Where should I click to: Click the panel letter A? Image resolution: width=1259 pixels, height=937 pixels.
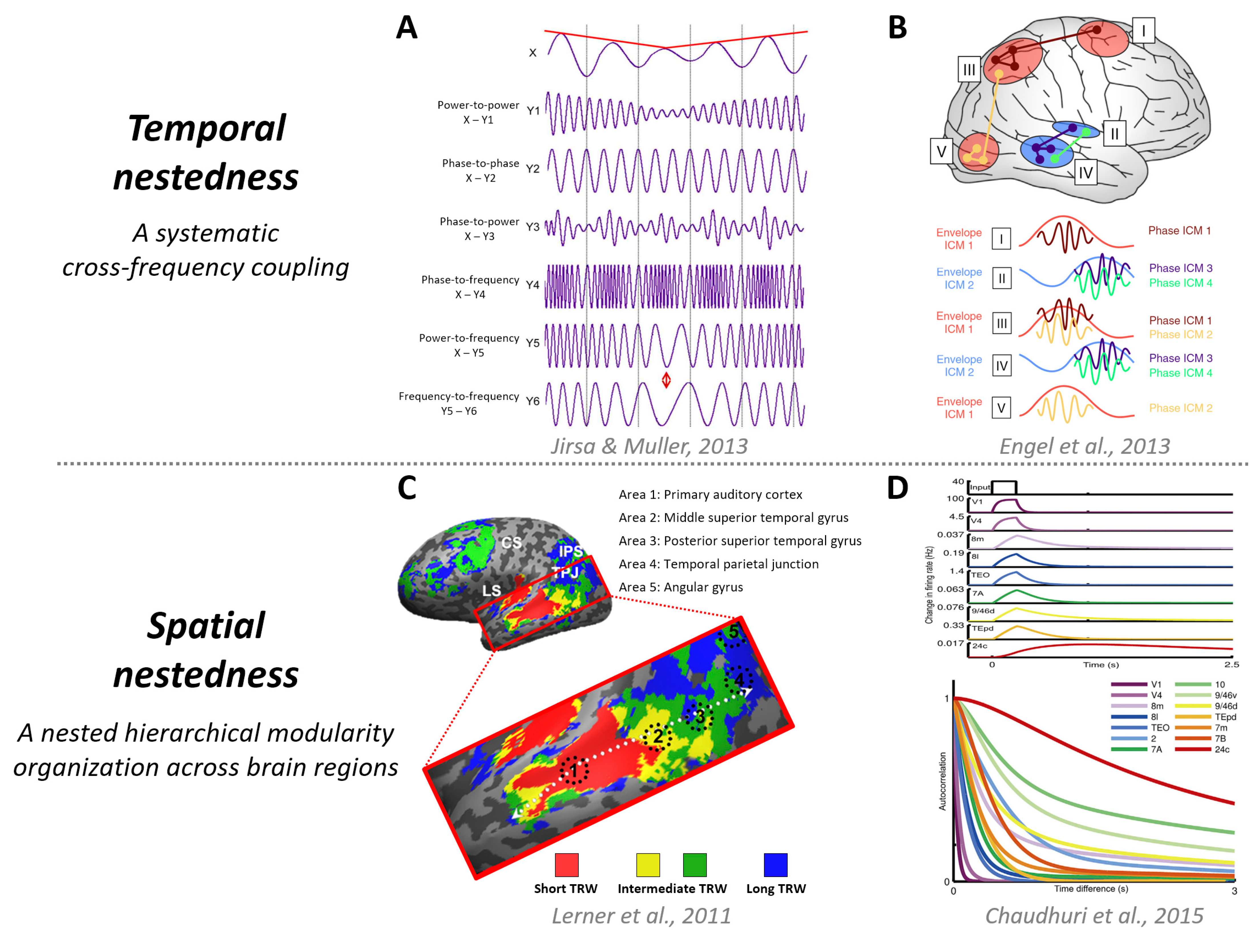click(x=406, y=27)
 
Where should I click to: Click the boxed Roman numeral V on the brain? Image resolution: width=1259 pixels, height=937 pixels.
click(x=941, y=151)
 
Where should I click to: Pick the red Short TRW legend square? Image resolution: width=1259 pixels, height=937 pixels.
click(x=566, y=865)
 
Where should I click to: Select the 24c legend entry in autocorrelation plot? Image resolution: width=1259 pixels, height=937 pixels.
click(x=1222, y=749)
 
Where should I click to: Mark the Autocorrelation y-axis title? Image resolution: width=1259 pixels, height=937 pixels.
click(x=942, y=781)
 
